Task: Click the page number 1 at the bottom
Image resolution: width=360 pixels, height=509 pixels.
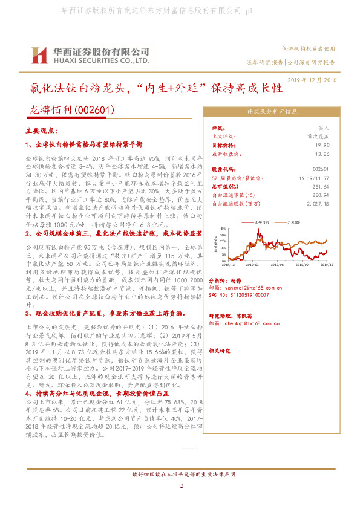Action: pyautogui.click(x=181, y=494)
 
